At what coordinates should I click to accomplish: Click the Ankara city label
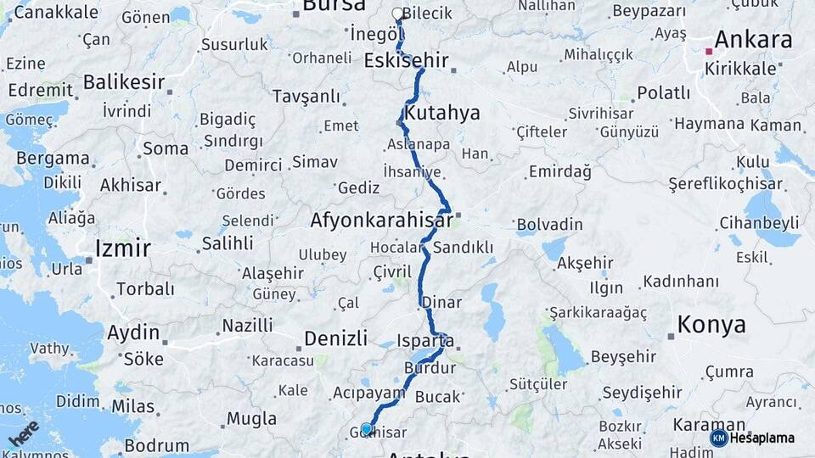753,39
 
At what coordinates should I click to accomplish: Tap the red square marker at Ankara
709,51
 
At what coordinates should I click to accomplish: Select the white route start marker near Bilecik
397,14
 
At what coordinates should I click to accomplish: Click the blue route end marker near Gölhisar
367,429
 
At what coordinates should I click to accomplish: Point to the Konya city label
711,324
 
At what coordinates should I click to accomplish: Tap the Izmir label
123,248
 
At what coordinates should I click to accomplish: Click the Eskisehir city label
405,60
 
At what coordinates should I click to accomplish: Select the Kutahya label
442,113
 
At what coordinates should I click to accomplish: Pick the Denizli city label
334,338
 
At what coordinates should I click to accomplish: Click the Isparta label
424,341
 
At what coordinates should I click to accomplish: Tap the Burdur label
430,368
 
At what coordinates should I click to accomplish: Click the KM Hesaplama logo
752,438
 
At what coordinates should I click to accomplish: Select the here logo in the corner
23,433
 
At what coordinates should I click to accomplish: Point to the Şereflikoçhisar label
725,183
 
